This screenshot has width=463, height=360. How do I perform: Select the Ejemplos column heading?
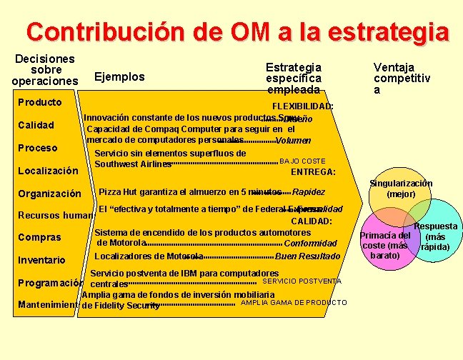[119, 76]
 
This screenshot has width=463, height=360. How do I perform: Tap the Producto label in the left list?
[39, 102]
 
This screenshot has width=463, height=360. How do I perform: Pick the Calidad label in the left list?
[36, 125]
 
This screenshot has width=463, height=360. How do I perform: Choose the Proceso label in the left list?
[37, 148]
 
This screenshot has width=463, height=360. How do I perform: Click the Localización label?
[48, 171]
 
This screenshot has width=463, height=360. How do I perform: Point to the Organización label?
[49, 194]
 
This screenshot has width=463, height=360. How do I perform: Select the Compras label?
[39, 237]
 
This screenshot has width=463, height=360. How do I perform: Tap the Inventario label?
[41, 260]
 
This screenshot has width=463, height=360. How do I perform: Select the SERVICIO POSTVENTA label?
[302, 281]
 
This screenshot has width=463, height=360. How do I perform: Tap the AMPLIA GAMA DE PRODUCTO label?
[294, 303]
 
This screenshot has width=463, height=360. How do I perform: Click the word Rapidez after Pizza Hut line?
[309, 192]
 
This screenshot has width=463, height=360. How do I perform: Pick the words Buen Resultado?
[307, 256]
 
